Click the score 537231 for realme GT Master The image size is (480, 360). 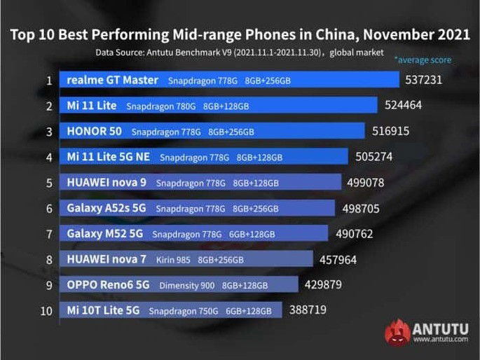(423, 81)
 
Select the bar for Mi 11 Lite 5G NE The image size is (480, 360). (203, 158)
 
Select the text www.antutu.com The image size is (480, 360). (440, 340)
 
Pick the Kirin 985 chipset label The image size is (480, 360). (172, 260)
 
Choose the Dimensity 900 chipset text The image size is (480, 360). (187, 286)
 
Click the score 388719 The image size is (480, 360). (307, 309)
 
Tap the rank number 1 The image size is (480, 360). (48, 81)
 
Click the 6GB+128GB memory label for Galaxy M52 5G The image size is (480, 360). (251, 234)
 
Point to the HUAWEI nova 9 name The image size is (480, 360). (107, 183)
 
